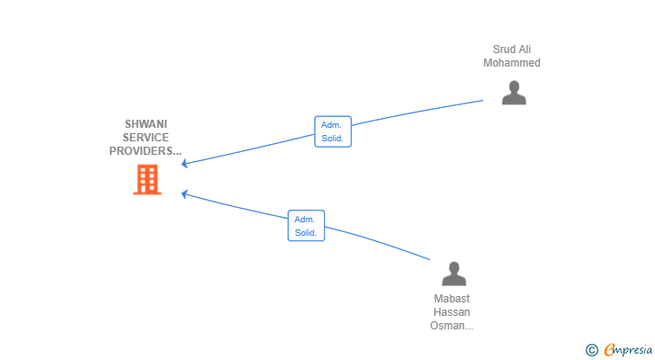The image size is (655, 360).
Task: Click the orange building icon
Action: click(x=148, y=180)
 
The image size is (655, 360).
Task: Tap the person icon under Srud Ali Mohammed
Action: click(x=514, y=93)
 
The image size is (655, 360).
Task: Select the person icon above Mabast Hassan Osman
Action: click(x=454, y=274)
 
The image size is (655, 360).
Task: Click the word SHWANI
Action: click(x=146, y=124)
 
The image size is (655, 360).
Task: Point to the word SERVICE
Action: click(x=146, y=138)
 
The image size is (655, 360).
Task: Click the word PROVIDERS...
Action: click(x=142, y=151)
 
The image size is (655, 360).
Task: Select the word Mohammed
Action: click(x=512, y=63)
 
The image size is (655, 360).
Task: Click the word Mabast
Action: click(x=452, y=299)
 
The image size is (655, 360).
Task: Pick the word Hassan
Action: click(x=452, y=312)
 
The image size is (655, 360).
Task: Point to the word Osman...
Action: click(x=447, y=325)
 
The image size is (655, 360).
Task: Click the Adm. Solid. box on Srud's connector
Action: click(x=333, y=131)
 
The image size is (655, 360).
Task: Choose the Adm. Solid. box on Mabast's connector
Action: click(x=306, y=226)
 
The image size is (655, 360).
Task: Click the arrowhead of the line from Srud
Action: click(x=184, y=164)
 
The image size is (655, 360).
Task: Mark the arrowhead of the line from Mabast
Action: click(x=184, y=193)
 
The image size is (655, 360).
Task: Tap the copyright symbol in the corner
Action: click(x=591, y=350)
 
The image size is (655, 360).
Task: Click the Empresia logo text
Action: click(x=628, y=350)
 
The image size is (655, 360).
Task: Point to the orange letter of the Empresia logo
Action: click(x=609, y=349)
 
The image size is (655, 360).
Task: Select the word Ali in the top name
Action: click(x=525, y=49)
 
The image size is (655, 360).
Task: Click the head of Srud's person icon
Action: click(x=514, y=86)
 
